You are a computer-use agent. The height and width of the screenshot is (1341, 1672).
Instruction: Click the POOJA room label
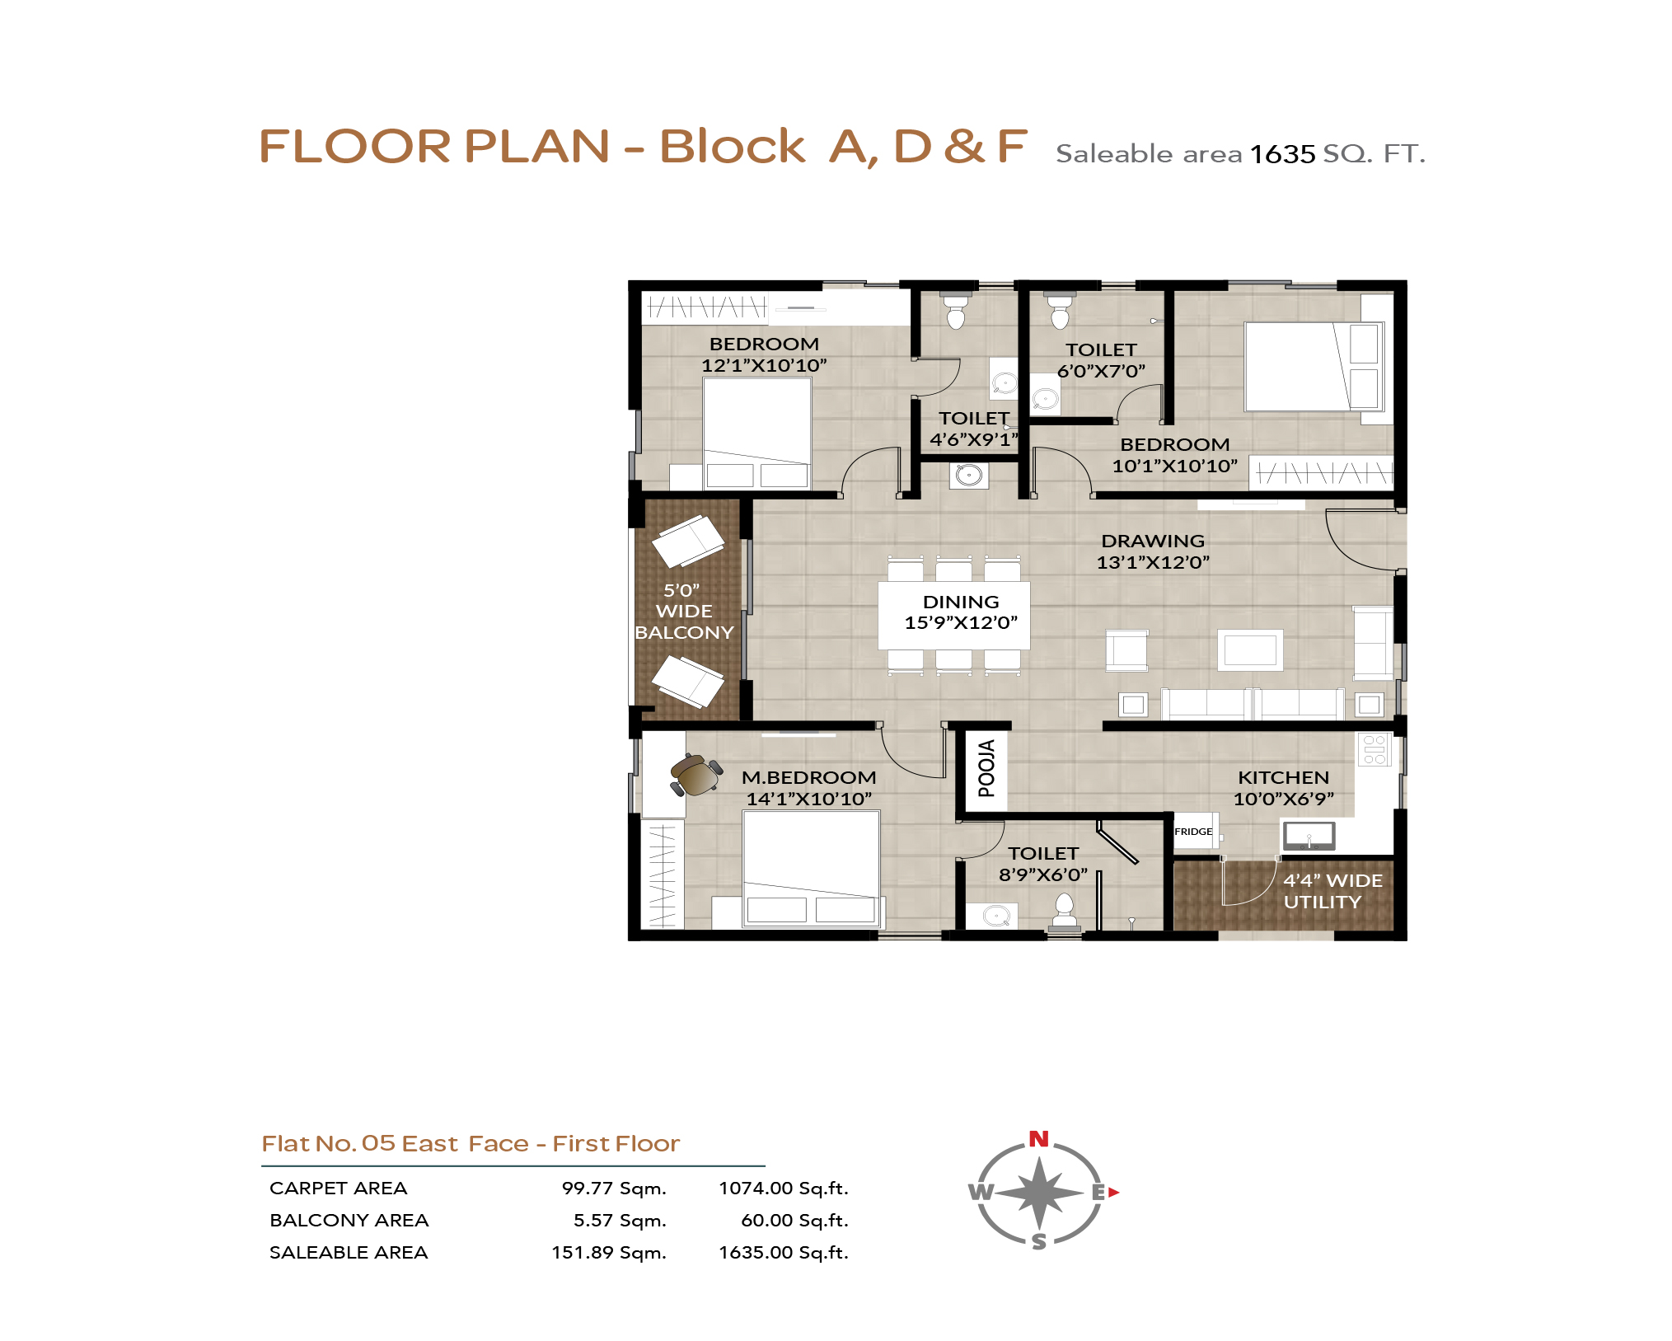(986, 768)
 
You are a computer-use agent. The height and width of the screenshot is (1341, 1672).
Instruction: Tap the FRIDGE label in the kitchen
(1193, 832)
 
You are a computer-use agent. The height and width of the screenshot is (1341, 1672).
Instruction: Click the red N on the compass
(1038, 1139)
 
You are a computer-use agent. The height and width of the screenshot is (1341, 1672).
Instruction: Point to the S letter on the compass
(1039, 1241)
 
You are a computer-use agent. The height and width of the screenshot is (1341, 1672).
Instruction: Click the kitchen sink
(1308, 836)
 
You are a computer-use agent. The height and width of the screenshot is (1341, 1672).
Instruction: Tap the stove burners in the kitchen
(1374, 749)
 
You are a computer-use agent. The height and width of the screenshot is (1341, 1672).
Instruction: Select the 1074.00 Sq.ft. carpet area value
(783, 1188)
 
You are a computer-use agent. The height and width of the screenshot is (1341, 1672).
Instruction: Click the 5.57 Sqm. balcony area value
(620, 1220)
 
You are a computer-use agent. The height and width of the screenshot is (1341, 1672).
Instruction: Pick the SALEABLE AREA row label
(349, 1252)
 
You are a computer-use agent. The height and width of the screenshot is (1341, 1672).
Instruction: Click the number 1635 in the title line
(1282, 154)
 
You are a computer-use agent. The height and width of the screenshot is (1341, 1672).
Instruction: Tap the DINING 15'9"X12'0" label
(961, 612)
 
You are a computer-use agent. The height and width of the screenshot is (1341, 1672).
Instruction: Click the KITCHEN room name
(1283, 777)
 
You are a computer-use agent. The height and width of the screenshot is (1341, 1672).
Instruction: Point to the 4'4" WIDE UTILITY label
(1332, 891)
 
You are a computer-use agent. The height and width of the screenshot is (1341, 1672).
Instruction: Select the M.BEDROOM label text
(808, 777)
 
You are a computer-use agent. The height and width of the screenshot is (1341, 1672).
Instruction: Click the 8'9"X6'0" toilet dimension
(1043, 874)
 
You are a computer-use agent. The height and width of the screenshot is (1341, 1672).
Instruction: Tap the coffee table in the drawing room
(1250, 649)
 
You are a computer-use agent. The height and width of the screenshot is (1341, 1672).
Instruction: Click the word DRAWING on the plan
(1153, 541)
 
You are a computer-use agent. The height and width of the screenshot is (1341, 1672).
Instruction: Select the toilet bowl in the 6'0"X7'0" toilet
(1061, 311)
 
